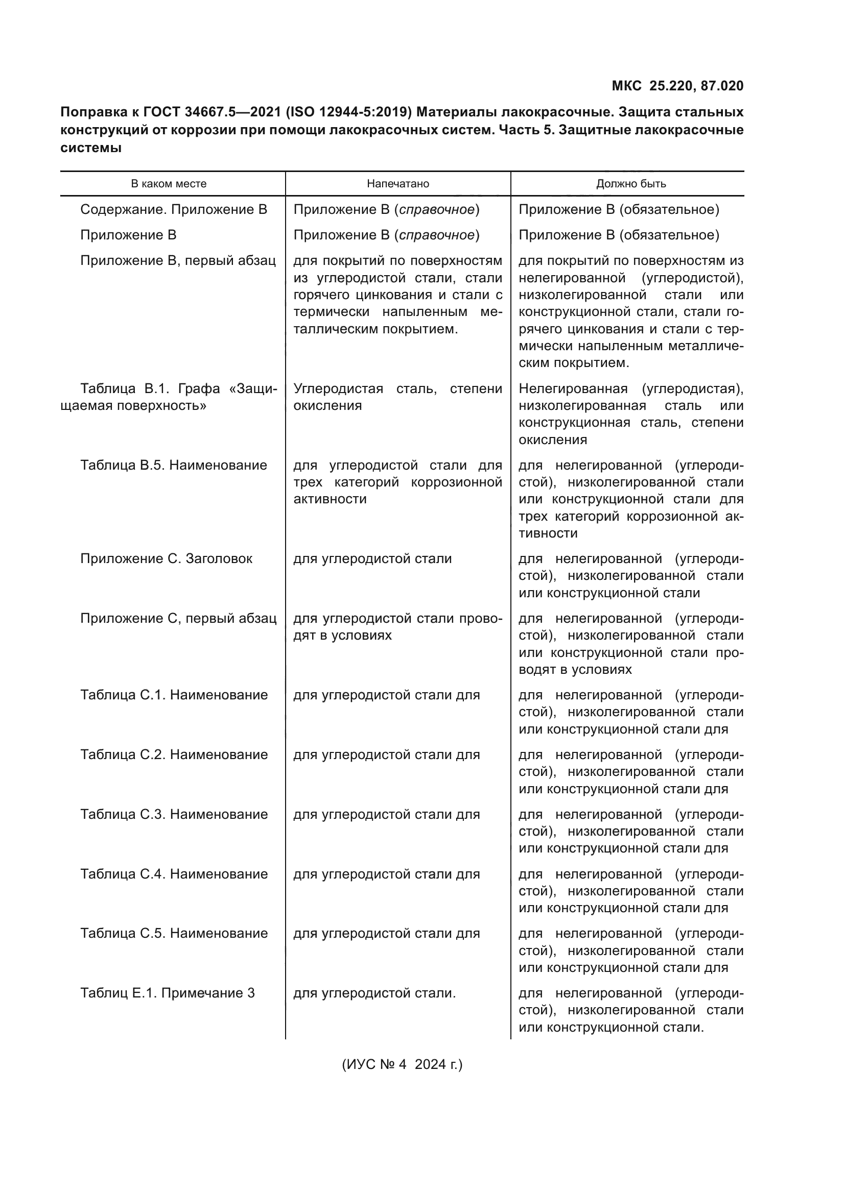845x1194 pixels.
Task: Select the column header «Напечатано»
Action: point(397,184)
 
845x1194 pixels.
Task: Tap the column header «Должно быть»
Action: point(630,184)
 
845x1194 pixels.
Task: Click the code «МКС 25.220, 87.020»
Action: point(677,86)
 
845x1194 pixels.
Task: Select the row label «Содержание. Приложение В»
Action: point(173,210)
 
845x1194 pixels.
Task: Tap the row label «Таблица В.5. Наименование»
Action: point(173,466)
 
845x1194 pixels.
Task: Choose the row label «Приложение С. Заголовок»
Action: point(166,559)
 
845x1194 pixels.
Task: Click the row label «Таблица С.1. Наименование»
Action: point(174,695)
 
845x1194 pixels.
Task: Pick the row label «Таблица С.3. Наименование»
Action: point(174,814)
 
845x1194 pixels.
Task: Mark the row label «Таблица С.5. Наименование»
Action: point(174,934)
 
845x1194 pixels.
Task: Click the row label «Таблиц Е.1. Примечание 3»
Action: point(167,993)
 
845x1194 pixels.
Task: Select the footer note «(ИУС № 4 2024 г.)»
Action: point(402,1064)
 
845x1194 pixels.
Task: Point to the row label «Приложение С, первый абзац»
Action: point(178,619)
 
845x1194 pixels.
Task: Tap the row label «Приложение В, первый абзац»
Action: point(177,260)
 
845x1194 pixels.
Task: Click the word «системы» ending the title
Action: point(91,148)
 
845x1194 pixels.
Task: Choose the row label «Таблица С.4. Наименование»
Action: point(174,874)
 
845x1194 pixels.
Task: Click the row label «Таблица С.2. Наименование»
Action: point(174,754)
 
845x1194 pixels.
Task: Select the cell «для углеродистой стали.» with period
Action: point(374,993)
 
